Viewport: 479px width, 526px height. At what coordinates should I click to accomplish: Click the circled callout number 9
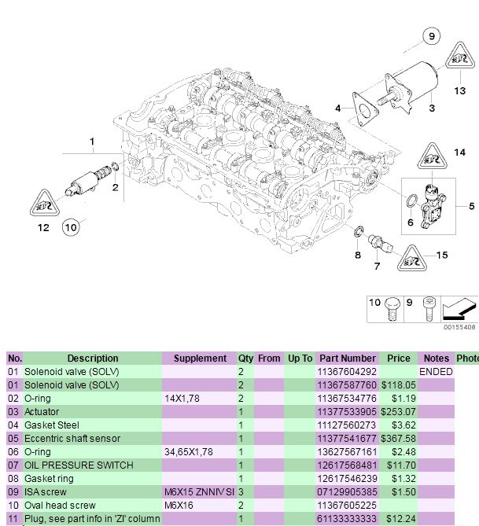coord(432,35)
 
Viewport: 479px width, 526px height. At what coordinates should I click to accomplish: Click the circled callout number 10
coord(71,228)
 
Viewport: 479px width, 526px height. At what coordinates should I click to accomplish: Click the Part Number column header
coord(347,358)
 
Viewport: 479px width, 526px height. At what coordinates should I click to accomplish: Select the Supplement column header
coord(200,358)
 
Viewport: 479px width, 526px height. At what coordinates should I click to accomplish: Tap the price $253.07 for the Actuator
coord(398,411)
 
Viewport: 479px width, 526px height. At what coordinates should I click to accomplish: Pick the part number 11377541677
coord(347,438)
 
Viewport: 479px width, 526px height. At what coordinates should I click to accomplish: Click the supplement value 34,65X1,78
coord(189,451)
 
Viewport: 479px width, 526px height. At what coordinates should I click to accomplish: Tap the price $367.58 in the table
coord(398,438)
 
